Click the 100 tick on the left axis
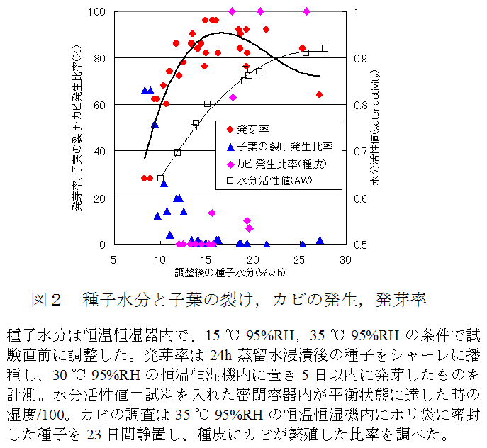tap(95, 12)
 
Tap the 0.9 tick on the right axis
tap(362, 58)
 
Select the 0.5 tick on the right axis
tap(362, 245)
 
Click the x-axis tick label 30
tap(345, 259)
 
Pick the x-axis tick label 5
tap(113, 259)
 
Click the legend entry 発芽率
tap(252, 129)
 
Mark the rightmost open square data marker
tap(325, 48)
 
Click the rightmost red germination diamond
tap(320, 94)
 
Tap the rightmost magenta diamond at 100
tap(306, 11)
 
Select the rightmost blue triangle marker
tap(320, 241)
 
